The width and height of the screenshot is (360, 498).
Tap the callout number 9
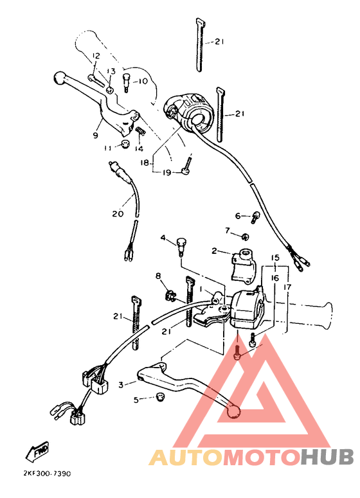pos(95,136)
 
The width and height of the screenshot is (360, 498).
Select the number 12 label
pos(95,57)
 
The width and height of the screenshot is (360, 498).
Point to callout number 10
pos(142,82)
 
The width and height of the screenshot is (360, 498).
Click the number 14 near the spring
pos(139,148)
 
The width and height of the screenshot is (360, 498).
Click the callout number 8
pos(157,276)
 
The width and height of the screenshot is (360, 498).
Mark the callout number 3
pos(120,385)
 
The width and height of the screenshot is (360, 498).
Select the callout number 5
pos(136,400)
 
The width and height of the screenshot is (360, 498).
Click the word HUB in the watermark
pos(328,456)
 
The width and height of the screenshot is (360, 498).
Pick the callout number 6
pos(237,216)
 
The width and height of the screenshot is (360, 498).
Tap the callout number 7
pos(227,229)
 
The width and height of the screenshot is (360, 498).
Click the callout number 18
pos(144,163)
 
